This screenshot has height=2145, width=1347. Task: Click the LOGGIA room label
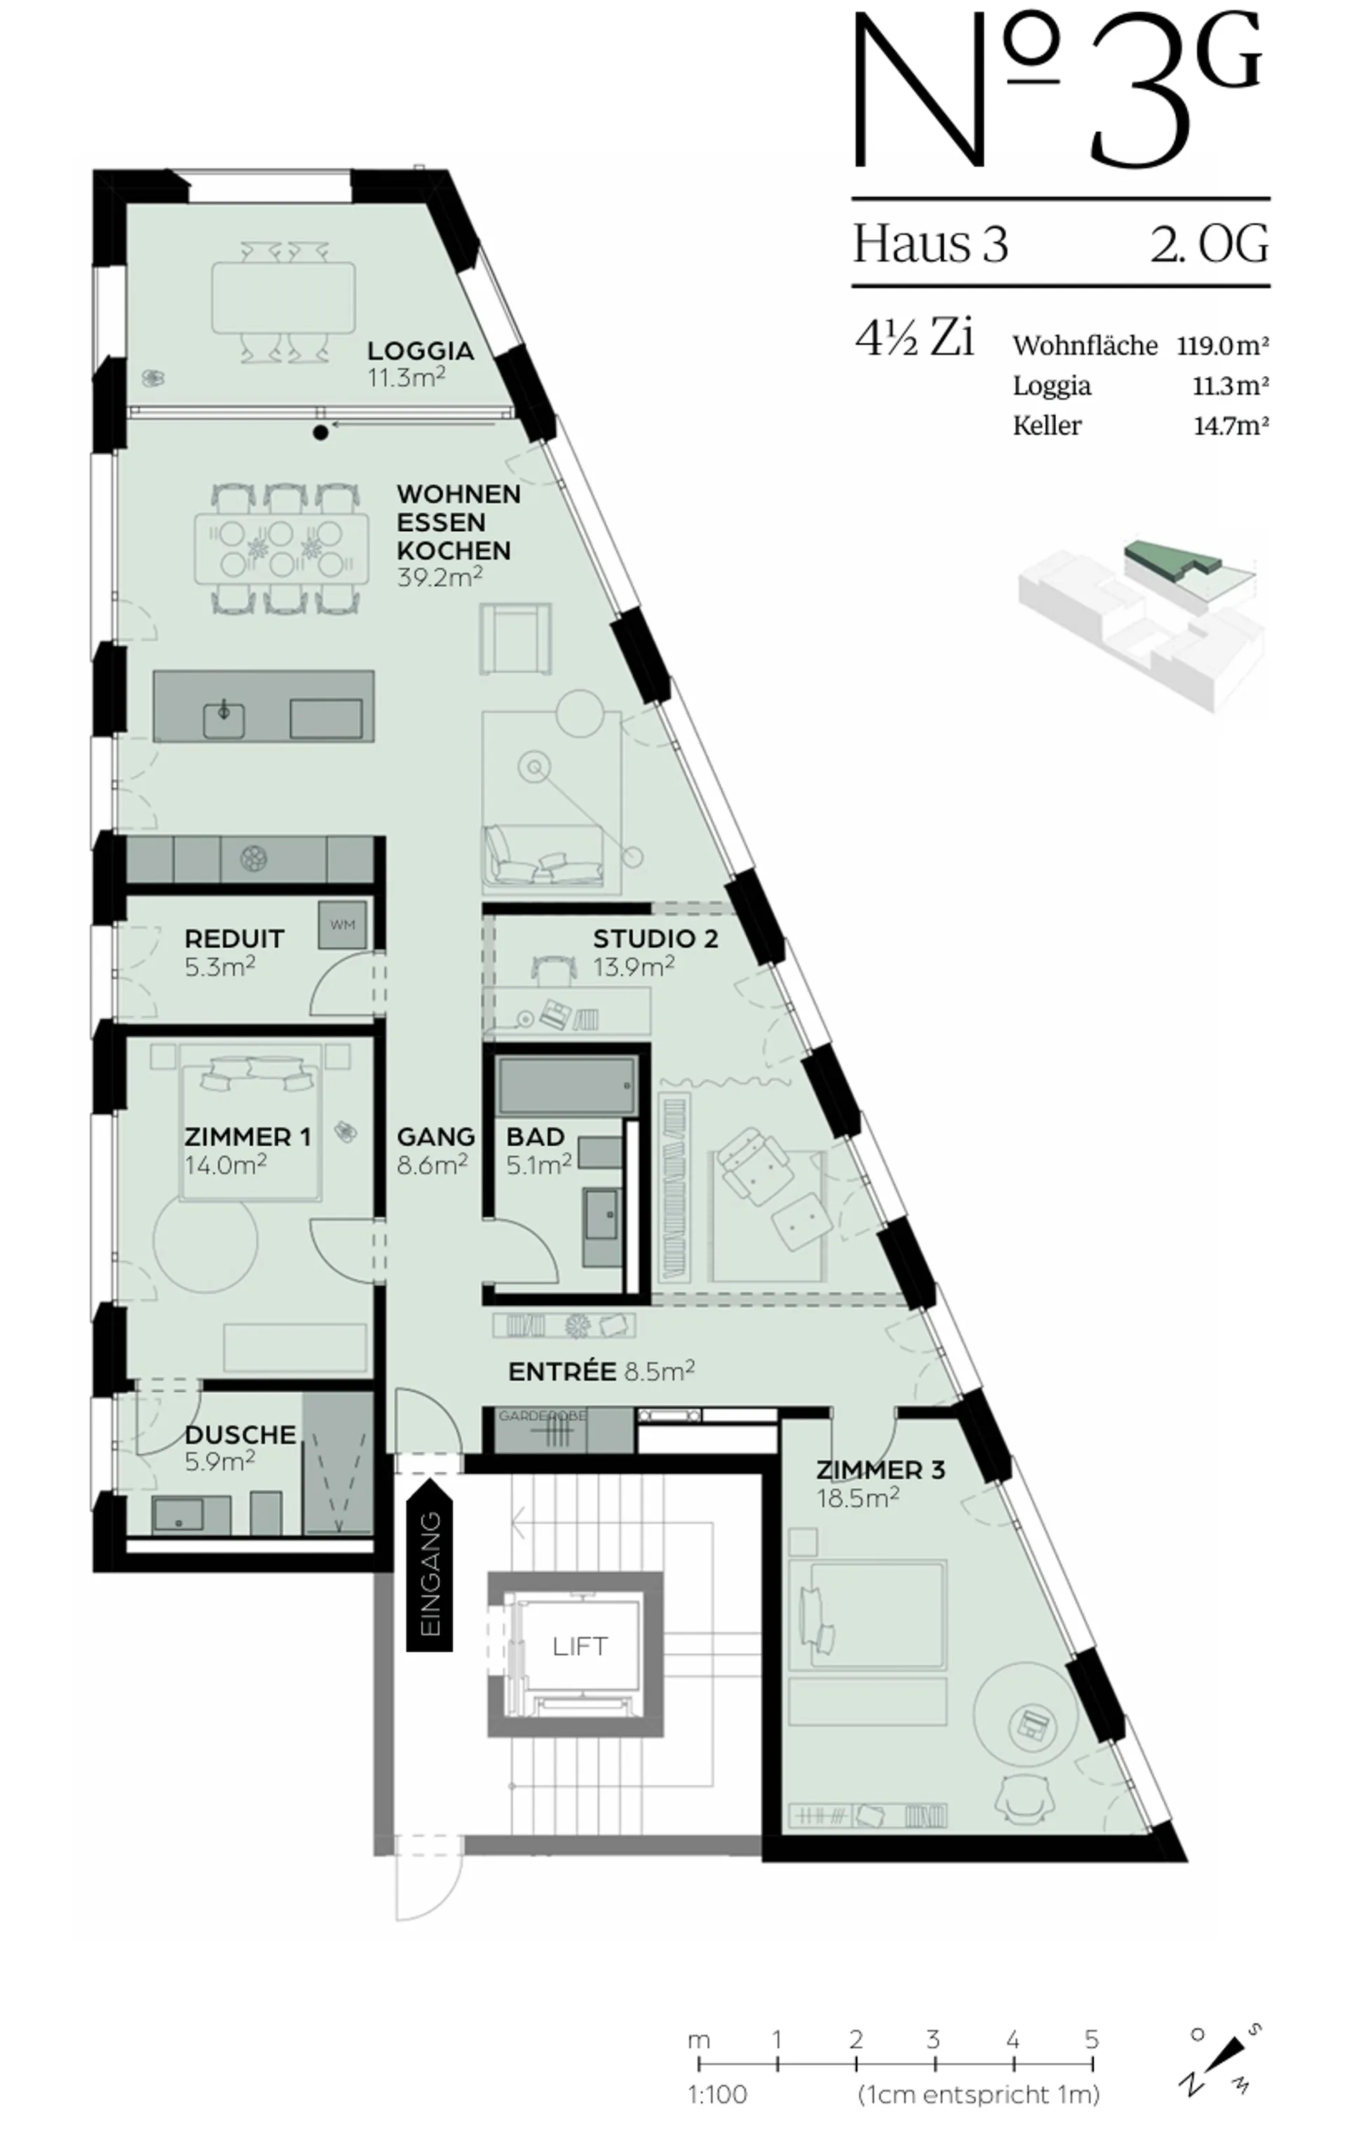pos(420,350)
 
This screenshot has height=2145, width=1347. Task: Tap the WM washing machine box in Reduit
pos(343,925)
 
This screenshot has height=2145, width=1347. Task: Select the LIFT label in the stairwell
pos(580,1646)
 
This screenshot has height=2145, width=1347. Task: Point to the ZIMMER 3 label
pos(880,1470)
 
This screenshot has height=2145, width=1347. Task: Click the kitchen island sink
pos(224,720)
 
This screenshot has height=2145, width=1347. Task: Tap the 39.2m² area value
pos(440,577)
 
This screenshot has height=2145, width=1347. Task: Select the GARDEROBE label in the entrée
pos(542,1415)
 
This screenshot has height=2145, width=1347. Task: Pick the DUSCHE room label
pos(241,1434)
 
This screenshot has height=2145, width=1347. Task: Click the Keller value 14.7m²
pos(1231,426)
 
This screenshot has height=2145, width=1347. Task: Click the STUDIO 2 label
pos(656,938)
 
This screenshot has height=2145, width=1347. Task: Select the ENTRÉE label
pos(562,1372)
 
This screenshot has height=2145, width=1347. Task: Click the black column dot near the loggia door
pos(320,434)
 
